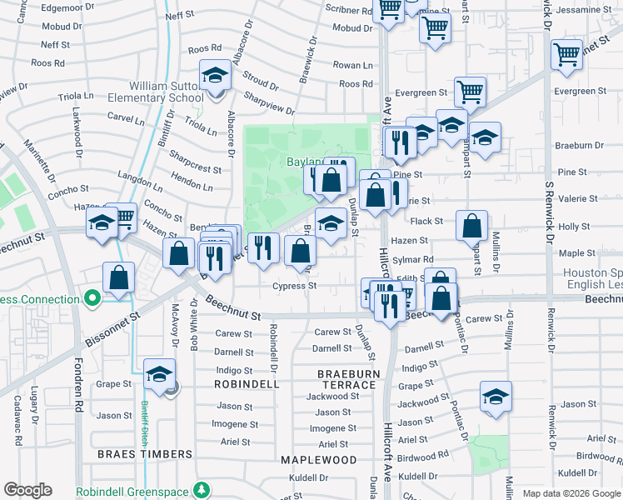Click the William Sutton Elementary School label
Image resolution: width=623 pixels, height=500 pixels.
click(154, 92)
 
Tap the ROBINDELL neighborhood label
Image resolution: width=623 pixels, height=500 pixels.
click(247, 385)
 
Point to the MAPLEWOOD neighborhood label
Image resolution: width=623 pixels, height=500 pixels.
click(318, 460)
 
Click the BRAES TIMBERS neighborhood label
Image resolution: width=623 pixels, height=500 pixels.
click(145, 454)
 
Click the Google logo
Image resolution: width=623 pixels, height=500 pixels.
click(27, 490)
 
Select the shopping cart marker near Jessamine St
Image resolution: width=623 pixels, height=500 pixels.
click(566, 55)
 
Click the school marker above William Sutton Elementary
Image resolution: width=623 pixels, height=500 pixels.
click(215, 77)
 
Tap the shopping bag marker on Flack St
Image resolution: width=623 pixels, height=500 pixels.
click(471, 225)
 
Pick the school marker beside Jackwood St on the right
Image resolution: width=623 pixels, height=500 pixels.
click(496, 397)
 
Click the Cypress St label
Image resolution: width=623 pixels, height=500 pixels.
click(295, 286)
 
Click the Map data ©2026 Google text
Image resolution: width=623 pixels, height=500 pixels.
click(571, 493)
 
